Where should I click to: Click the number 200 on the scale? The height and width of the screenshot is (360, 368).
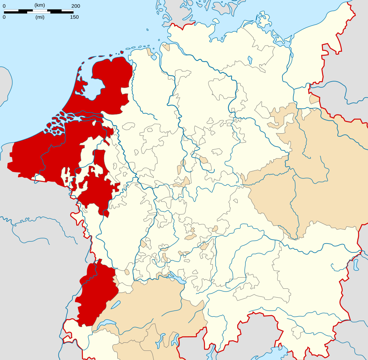(76, 6)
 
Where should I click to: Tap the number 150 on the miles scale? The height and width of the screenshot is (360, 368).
(74, 17)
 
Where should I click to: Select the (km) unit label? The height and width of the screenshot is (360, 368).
(39, 5)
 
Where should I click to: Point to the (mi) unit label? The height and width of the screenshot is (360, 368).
(40, 17)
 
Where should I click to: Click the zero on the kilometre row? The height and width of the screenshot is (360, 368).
(4, 6)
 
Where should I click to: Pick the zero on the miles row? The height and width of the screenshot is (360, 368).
(4, 17)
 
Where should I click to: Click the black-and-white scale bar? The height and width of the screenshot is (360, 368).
(38, 11)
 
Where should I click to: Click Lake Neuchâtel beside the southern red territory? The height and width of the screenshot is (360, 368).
(115, 305)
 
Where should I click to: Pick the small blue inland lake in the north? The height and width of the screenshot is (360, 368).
(250, 60)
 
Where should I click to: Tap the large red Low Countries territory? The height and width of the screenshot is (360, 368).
(58, 153)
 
